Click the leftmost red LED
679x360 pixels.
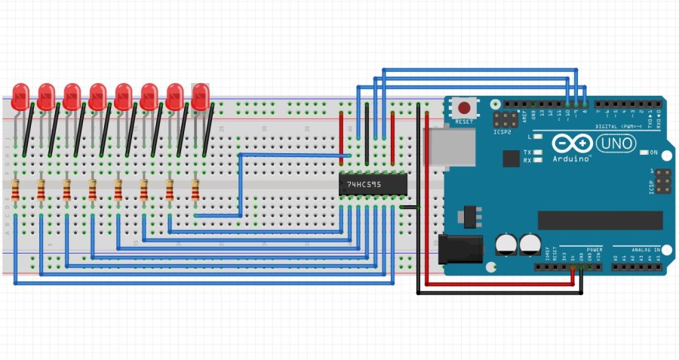pos(20,96)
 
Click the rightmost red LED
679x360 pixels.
pos(200,96)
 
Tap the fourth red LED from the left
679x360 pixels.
pos(97,96)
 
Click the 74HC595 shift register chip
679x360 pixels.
pos(373,184)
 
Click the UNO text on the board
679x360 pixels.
pos(616,143)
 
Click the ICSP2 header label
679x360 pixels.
pos(503,132)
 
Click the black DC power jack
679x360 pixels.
pos(458,245)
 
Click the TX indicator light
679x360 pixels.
pos(538,152)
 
